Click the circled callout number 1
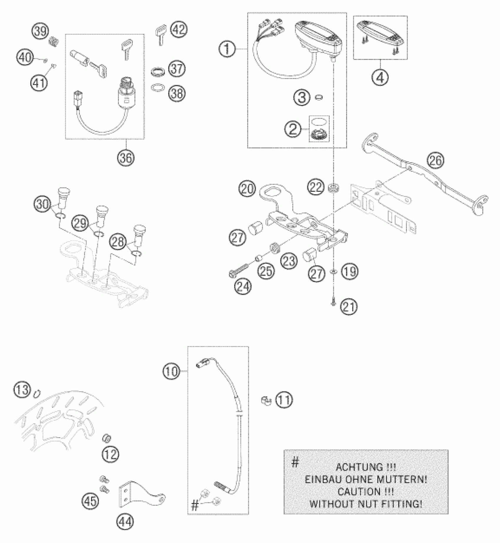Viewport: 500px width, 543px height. [x=227, y=49]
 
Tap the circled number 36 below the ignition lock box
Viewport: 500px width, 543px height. [x=126, y=158]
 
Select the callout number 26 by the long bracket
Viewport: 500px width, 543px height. [x=436, y=161]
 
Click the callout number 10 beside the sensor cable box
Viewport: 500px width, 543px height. [x=171, y=372]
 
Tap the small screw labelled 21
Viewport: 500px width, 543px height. [x=333, y=302]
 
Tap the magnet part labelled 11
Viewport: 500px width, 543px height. [x=265, y=400]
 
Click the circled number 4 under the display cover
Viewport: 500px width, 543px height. [x=380, y=78]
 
